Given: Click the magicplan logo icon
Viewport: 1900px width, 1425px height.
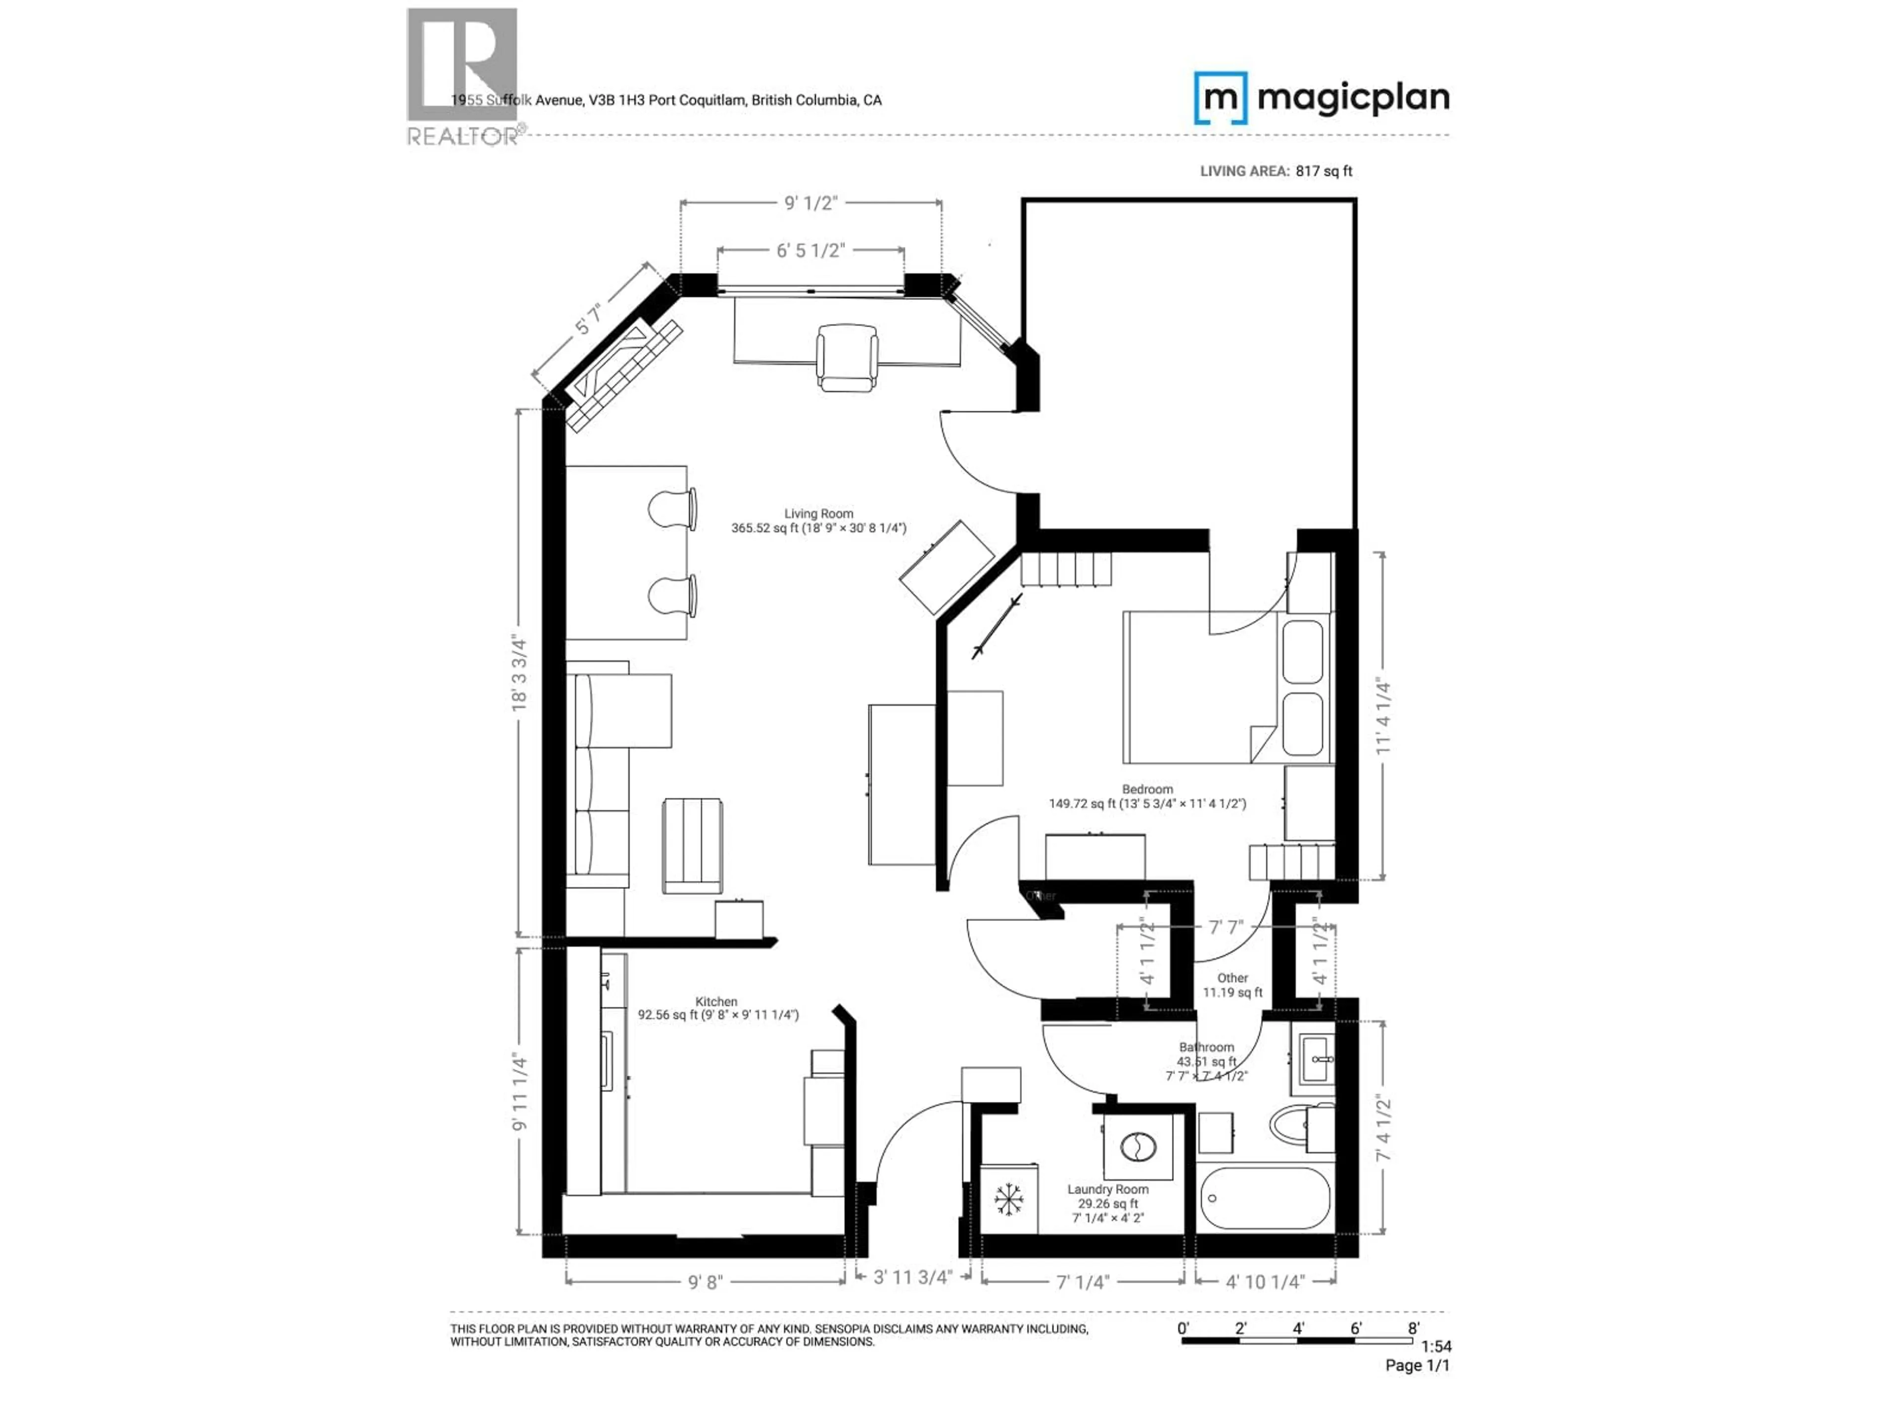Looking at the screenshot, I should [1220, 98].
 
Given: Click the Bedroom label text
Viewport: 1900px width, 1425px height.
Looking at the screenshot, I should [1147, 789].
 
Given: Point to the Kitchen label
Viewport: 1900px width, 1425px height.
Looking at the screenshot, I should [716, 1001].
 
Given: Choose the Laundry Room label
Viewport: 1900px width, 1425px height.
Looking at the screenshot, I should [1107, 1189].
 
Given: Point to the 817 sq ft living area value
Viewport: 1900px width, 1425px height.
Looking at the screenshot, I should [1324, 171].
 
